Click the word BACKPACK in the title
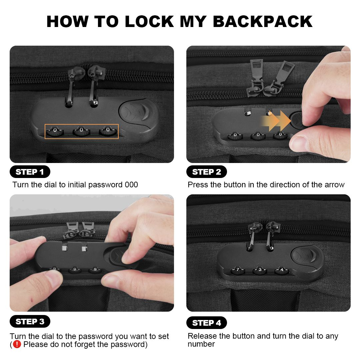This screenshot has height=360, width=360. (x=262, y=22)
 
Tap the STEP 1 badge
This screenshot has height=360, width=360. (x=30, y=172)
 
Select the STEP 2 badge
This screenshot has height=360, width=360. (x=206, y=172)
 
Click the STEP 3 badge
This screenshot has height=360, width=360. (x=30, y=321)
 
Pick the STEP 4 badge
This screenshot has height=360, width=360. (x=206, y=323)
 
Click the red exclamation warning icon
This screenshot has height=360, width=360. (x=17, y=344)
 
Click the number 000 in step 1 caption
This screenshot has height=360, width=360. (x=131, y=185)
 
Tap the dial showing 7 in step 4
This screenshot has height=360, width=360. (x=238, y=270)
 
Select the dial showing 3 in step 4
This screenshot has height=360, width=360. (x=260, y=270)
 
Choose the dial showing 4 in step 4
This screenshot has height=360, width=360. (x=282, y=270)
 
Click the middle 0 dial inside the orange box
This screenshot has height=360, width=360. (x=81, y=132)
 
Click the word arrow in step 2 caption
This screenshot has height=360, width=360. (x=335, y=185)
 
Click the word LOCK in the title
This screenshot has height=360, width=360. (x=149, y=22)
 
